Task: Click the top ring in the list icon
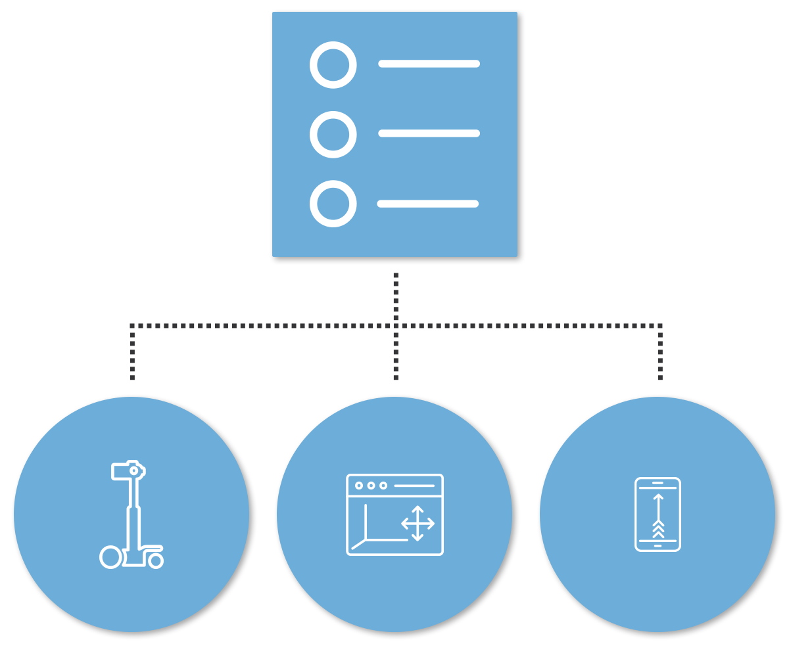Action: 333,65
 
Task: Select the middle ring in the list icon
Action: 333,135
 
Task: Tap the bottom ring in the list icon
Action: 333,204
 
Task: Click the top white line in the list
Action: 429,64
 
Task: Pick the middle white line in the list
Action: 429,133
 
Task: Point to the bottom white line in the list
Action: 427,204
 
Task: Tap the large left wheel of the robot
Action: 110,557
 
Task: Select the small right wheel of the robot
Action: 156,560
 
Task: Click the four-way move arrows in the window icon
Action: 418,524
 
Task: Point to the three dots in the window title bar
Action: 371,486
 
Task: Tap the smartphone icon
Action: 657,514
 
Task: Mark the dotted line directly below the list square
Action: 396,296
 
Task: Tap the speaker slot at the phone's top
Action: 657,483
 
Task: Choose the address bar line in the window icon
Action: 414,486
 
